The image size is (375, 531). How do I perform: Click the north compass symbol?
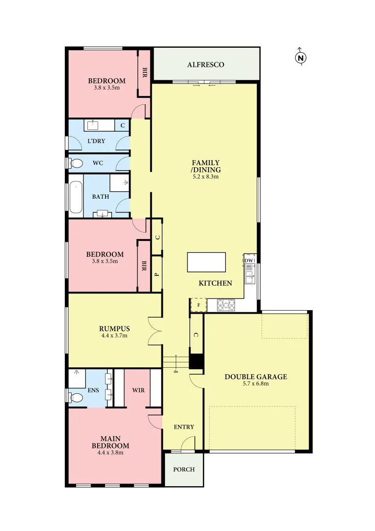point(300,58)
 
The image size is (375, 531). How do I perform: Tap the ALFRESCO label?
point(206,64)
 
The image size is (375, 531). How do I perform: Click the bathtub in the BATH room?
point(76,198)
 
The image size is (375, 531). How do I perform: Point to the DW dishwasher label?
point(249,260)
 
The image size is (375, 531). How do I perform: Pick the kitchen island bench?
point(207,262)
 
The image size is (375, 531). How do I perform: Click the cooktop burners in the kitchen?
point(226,305)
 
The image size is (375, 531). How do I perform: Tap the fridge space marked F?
point(198,305)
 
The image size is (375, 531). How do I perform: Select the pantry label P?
point(157,274)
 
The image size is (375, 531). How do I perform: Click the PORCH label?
point(184,469)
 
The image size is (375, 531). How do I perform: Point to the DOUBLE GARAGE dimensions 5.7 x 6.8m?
point(256,384)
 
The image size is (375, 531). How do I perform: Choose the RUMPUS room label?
point(113,328)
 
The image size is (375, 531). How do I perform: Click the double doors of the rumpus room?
point(155,329)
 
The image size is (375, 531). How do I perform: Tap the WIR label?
point(138,390)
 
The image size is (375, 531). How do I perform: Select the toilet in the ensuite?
point(76,397)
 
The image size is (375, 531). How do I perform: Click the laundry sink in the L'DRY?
point(93,125)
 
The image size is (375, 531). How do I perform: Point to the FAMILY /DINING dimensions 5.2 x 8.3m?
point(206,176)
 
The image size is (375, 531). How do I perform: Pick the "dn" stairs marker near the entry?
point(176,371)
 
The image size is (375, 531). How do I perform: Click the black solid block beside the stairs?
point(196,361)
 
